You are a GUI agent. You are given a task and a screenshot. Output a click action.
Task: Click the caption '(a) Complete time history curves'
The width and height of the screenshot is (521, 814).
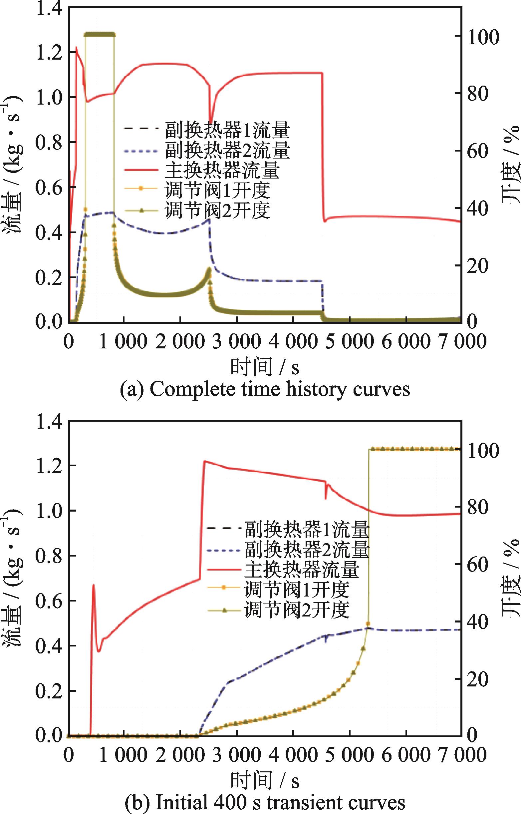pyautogui.click(x=265, y=389)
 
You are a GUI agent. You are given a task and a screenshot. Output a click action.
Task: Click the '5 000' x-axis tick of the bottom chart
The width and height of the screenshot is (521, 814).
pyautogui.click(x=349, y=754)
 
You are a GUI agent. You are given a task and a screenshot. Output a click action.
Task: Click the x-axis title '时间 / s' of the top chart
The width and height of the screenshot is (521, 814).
pyautogui.click(x=265, y=368)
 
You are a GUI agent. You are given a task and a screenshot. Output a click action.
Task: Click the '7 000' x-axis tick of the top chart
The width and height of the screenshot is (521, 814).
pyautogui.click(x=462, y=341)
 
